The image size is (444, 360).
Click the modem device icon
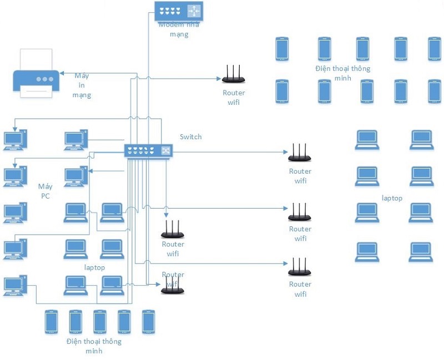[x=179, y=11]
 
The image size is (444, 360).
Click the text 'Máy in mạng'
[x=82, y=85]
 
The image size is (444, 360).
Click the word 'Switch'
[x=191, y=136]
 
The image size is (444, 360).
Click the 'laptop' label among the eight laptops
[x=392, y=198]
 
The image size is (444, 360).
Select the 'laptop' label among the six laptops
[x=95, y=267]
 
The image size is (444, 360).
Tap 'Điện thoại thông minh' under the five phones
[x=93, y=346]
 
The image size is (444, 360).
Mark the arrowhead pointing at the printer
[x=62, y=74]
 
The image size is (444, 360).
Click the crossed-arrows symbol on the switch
[x=165, y=150]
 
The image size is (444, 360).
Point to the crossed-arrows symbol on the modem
[x=194, y=11]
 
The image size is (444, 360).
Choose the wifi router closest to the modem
[x=234, y=76]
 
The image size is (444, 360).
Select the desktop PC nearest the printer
[x=14, y=139]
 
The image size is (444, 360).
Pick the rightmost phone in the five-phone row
[x=148, y=321]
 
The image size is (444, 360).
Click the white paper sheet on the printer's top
[x=36, y=59]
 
